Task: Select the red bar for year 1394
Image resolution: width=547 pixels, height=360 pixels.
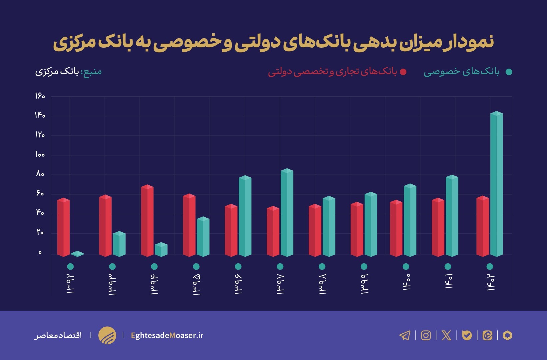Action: coord(147,221)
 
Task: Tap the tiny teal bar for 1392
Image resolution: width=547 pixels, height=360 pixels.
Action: coord(77,254)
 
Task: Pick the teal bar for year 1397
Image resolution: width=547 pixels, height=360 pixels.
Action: coord(287,213)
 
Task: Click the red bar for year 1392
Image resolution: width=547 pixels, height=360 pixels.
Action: coord(63,227)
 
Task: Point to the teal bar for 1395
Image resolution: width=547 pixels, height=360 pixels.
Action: coord(203,237)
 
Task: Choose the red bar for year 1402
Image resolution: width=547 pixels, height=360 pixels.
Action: coord(482,227)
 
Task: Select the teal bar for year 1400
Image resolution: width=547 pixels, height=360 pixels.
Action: coord(410,221)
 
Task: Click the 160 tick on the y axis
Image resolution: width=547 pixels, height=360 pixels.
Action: coord(40,96)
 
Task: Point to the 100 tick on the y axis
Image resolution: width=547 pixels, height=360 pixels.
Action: coord(40,155)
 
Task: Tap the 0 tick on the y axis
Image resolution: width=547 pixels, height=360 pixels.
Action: coord(40,253)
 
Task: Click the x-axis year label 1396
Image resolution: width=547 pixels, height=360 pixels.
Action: coord(238,284)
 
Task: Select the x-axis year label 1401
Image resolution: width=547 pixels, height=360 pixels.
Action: coord(448,282)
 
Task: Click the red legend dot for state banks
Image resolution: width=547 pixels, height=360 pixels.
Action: coord(403,72)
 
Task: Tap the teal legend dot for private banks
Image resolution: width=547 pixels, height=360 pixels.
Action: coord(509,72)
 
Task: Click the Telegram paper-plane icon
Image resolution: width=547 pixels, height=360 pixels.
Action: coord(405,335)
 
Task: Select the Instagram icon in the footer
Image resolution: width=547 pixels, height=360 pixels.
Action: coord(426,335)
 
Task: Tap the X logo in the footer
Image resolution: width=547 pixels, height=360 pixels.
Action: coord(446,335)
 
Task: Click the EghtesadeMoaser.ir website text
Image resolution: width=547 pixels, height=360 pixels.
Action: coord(167,335)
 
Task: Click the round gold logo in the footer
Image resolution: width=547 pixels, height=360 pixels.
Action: coord(107,335)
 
